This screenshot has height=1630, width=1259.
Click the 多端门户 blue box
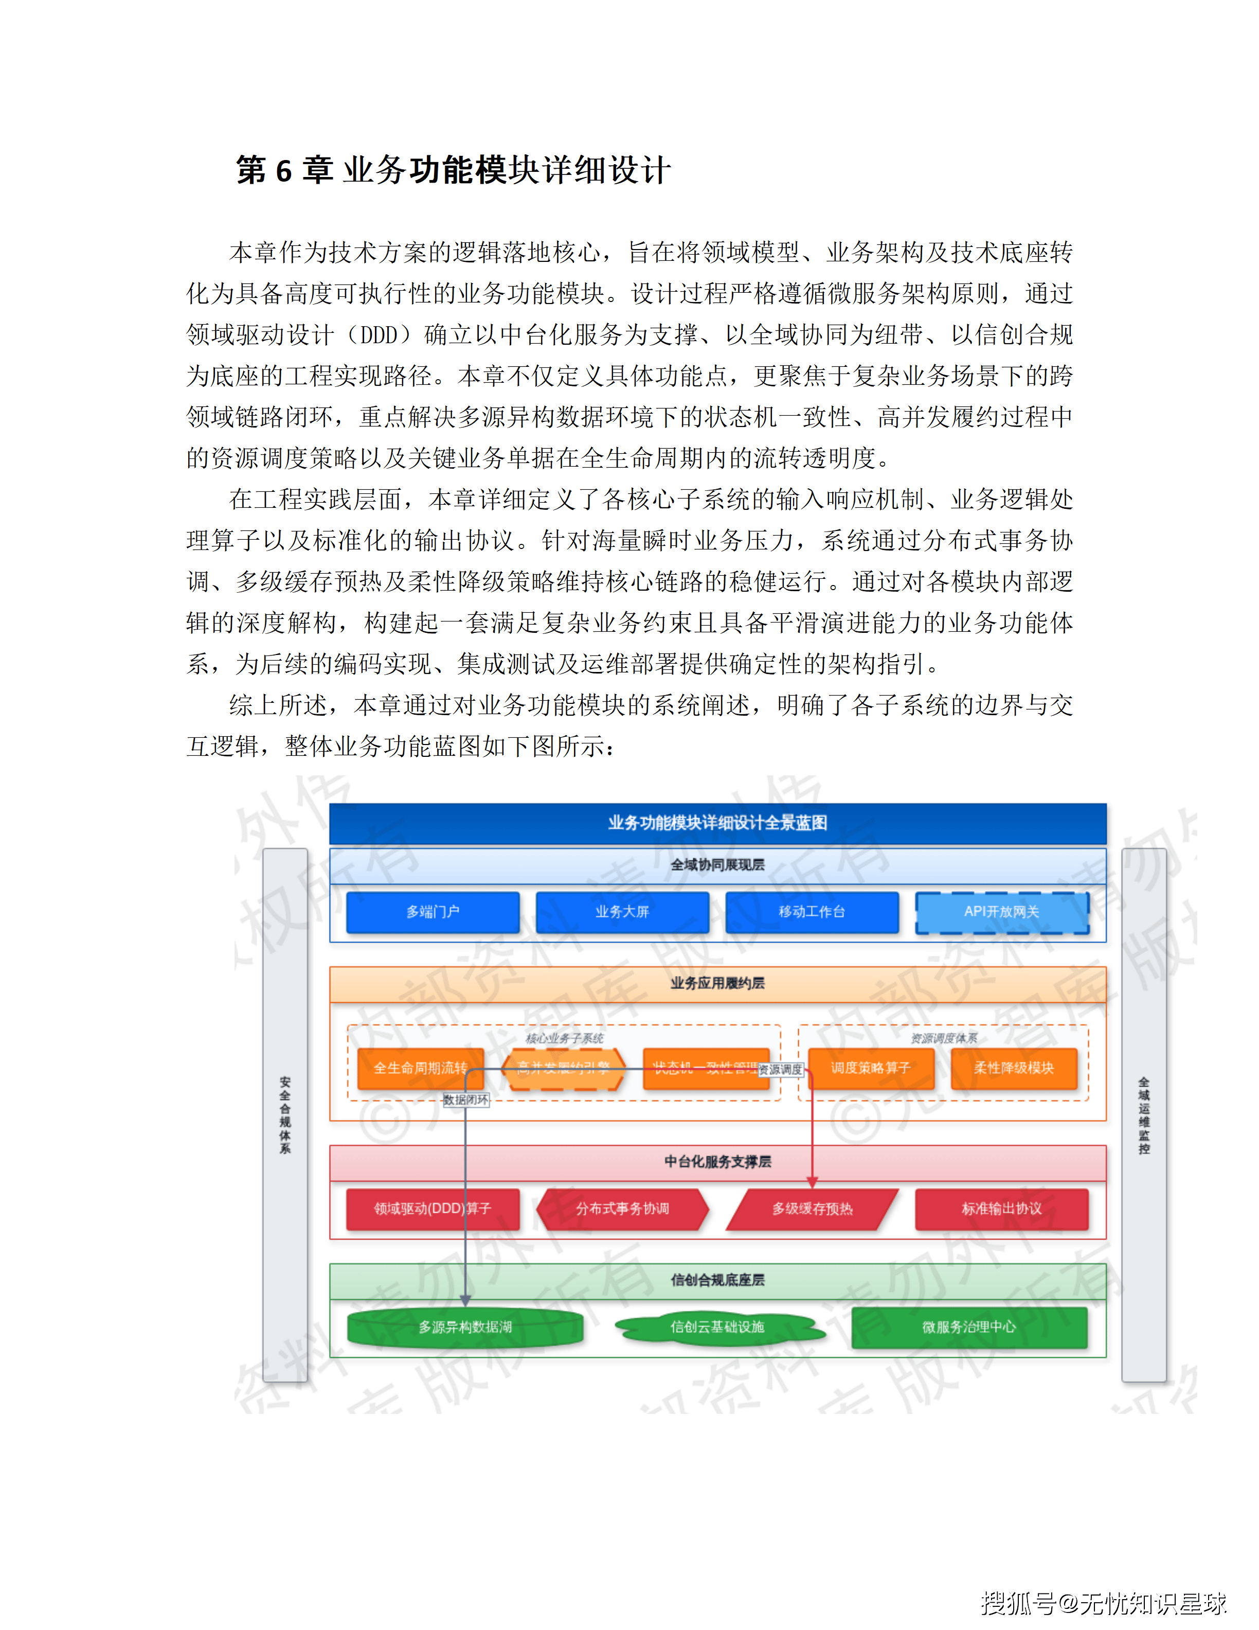coord(433,911)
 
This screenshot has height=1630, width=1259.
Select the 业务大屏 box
coord(622,911)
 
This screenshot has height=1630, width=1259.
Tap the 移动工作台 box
coord(812,911)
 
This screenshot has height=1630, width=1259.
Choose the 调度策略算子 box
coord(870,1068)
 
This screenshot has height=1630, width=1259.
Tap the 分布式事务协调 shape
coord(622,1208)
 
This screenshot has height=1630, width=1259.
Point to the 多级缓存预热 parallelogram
coord(812,1208)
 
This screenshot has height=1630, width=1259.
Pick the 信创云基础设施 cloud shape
coord(717,1327)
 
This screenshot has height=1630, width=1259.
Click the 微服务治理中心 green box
coord(969,1327)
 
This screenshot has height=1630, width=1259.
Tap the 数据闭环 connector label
coord(466,1100)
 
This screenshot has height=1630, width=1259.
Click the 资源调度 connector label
coord(780,1070)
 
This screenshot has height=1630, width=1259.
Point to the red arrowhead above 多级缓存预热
coord(812,1182)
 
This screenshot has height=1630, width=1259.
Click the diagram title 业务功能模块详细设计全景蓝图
coord(717,823)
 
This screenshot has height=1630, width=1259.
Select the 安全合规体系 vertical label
coord(285,1115)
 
